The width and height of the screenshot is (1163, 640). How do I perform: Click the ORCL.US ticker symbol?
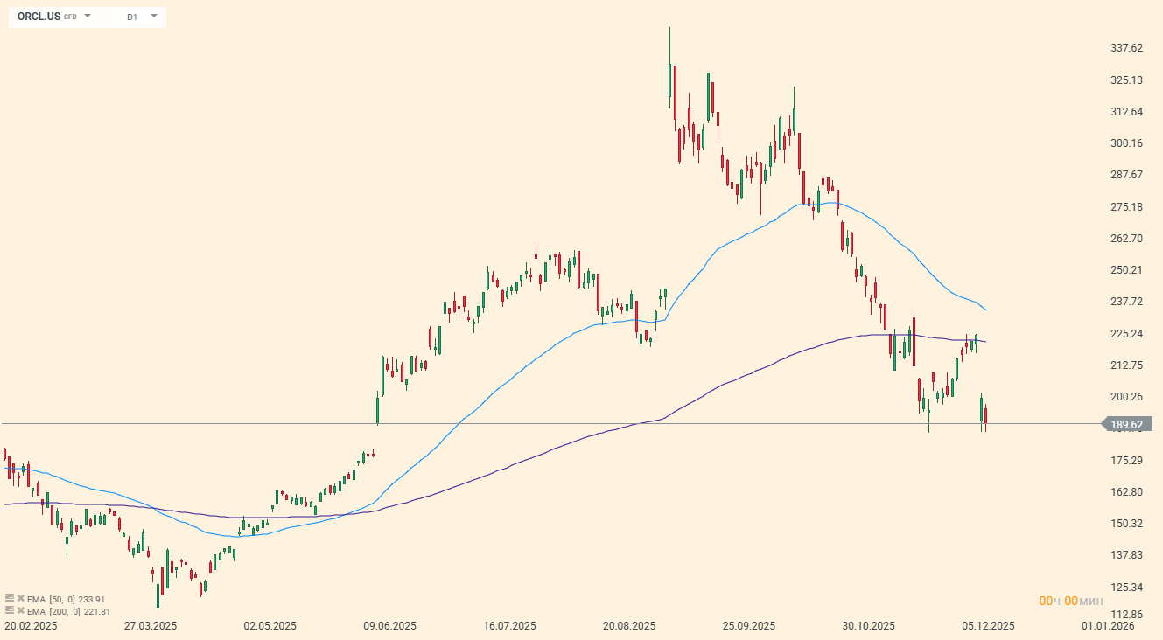click(39, 17)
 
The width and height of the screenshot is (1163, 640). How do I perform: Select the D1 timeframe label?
click(132, 17)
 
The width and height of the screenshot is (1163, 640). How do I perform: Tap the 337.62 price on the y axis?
click(1126, 48)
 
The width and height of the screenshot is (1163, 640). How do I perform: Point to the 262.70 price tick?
click(1126, 238)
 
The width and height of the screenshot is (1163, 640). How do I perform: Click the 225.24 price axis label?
click(1126, 333)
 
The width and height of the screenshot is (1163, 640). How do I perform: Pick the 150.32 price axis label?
click(1126, 523)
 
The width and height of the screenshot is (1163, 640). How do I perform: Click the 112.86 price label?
click(1126, 614)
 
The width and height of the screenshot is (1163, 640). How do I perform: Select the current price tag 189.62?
click(1126, 425)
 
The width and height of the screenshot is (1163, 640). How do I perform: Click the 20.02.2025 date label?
click(31, 626)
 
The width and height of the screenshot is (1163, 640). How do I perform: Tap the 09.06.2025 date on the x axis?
click(390, 626)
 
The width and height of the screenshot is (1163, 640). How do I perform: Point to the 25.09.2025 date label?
click(749, 626)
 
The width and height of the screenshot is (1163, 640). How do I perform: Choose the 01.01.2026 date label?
click(1108, 626)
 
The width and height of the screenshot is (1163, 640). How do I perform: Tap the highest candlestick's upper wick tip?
click(669, 28)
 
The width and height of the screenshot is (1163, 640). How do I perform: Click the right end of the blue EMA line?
click(986, 310)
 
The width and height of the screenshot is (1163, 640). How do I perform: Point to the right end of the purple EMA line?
click(986, 342)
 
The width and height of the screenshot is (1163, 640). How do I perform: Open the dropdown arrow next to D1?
click(154, 16)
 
